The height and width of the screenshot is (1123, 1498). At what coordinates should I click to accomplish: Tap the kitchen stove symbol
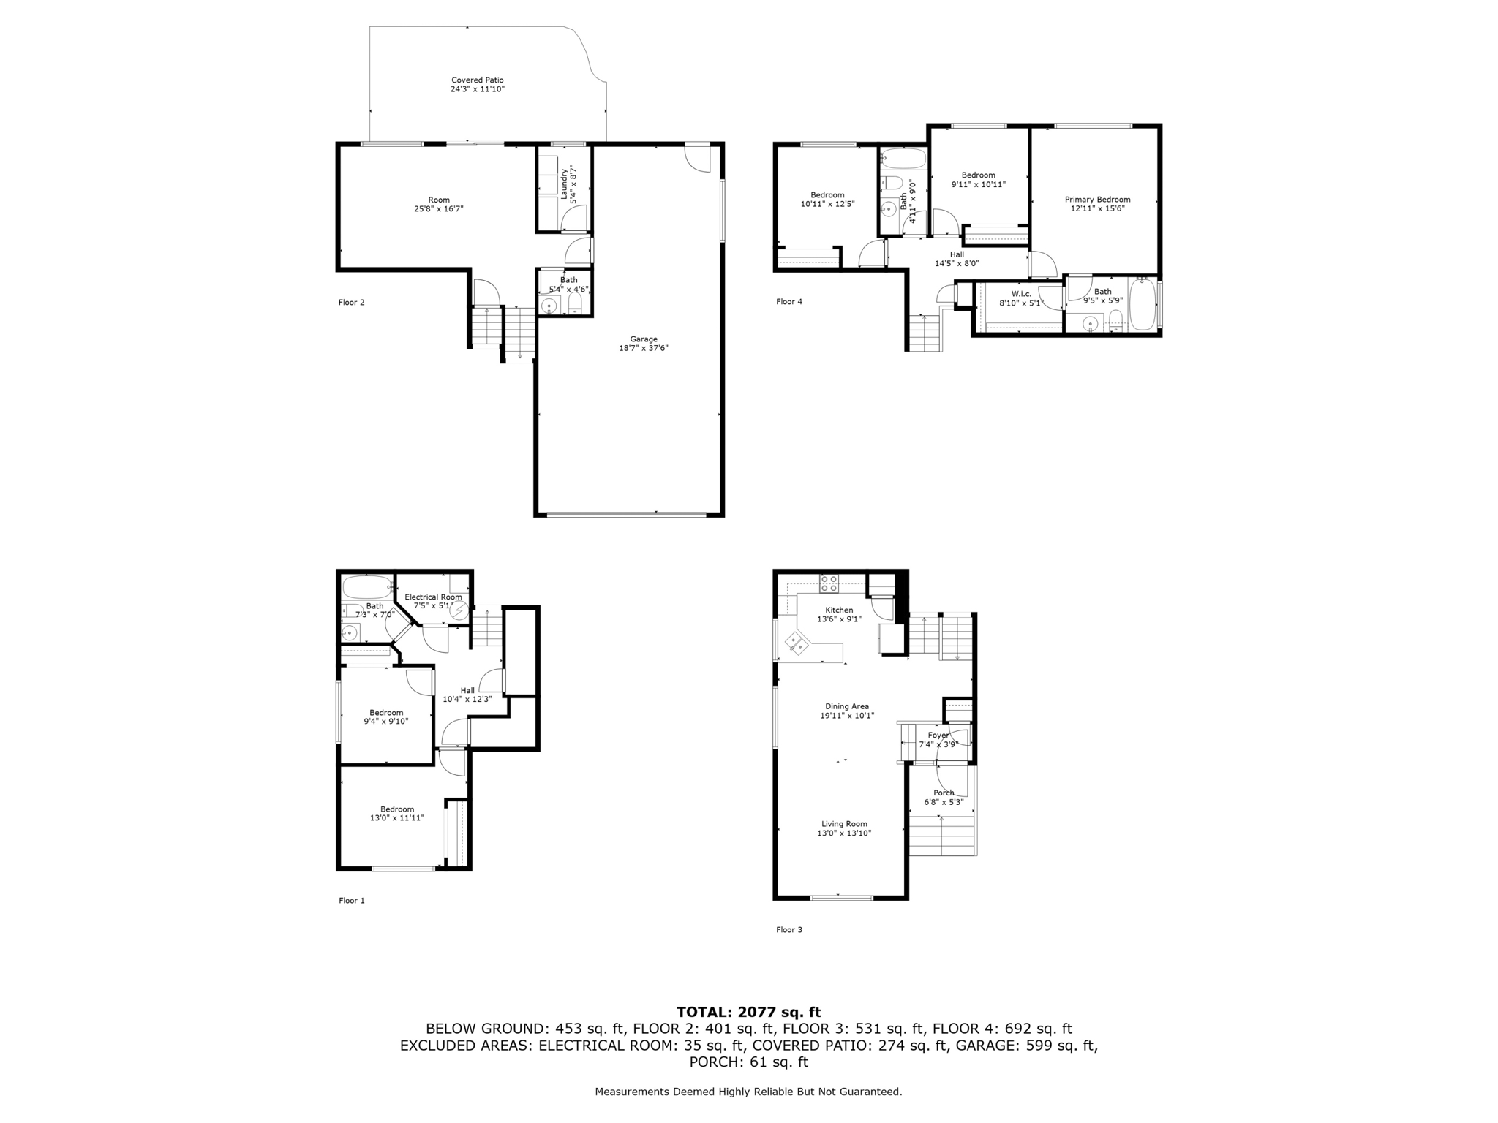pos(829,583)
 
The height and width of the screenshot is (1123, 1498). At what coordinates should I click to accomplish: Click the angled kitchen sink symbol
pos(797,643)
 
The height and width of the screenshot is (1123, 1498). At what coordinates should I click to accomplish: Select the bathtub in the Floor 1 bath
pos(368,587)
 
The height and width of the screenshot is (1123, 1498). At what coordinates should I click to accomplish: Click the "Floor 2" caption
pos(351,303)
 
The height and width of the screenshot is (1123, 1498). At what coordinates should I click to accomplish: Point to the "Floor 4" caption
pos(789,302)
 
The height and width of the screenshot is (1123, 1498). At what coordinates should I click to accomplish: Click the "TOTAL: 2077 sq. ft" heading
pos(748,1012)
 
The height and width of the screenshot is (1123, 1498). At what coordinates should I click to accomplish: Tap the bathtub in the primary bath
pos(1142,305)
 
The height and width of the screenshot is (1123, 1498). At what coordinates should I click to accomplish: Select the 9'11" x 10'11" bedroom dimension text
pos(978,185)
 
